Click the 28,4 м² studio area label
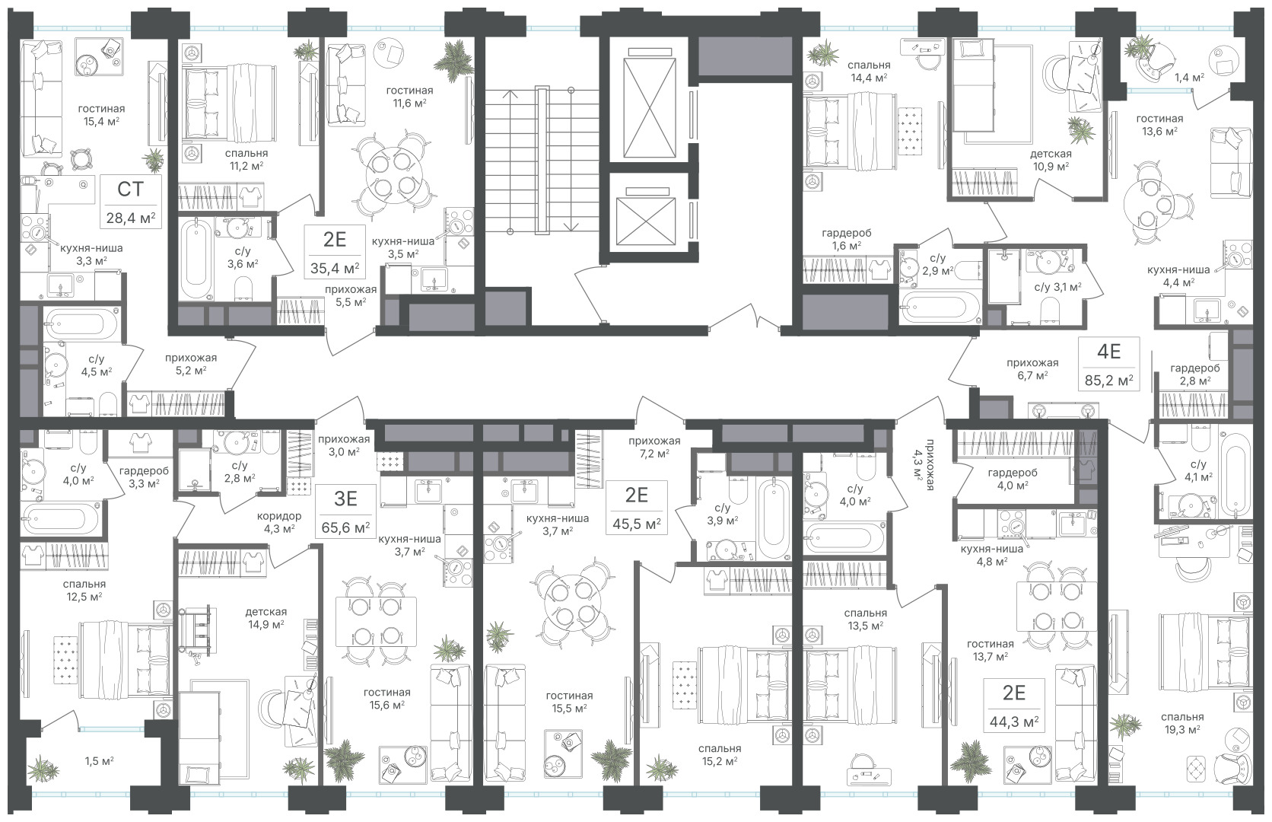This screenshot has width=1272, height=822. click(x=131, y=217)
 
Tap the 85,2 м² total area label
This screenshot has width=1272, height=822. click(x=1109, y=380)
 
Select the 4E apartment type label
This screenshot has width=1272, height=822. click(x=1108, y=352)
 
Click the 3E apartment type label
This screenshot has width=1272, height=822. click(x=345, y=499)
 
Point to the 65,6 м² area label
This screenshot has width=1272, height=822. click(x=345, y=527)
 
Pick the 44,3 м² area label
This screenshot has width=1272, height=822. click(x=1013, y=722)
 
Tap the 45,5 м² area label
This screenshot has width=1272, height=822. click(x=636, y=523)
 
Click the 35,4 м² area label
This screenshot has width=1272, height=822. click(x=335, y=268)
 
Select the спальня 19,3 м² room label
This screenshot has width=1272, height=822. click(x=1182, y=723)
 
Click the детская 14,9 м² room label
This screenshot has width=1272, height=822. click(x=266, y=618)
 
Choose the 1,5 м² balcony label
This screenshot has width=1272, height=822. click(x=100, y=761)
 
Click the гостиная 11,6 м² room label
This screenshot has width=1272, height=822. click(x=409, y=97)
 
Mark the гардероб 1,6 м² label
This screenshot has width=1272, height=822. click(x=846, y=239)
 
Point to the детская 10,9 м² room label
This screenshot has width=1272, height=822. click(x=1051, y=160)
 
